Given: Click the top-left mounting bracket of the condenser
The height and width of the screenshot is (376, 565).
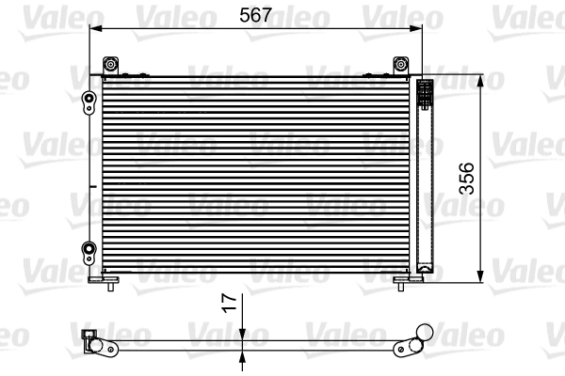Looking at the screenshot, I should (x=112, y=65).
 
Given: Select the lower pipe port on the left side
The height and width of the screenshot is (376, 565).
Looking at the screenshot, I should (x=90, y=250).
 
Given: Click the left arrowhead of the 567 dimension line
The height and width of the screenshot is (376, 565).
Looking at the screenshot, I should (x=93, y=28).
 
